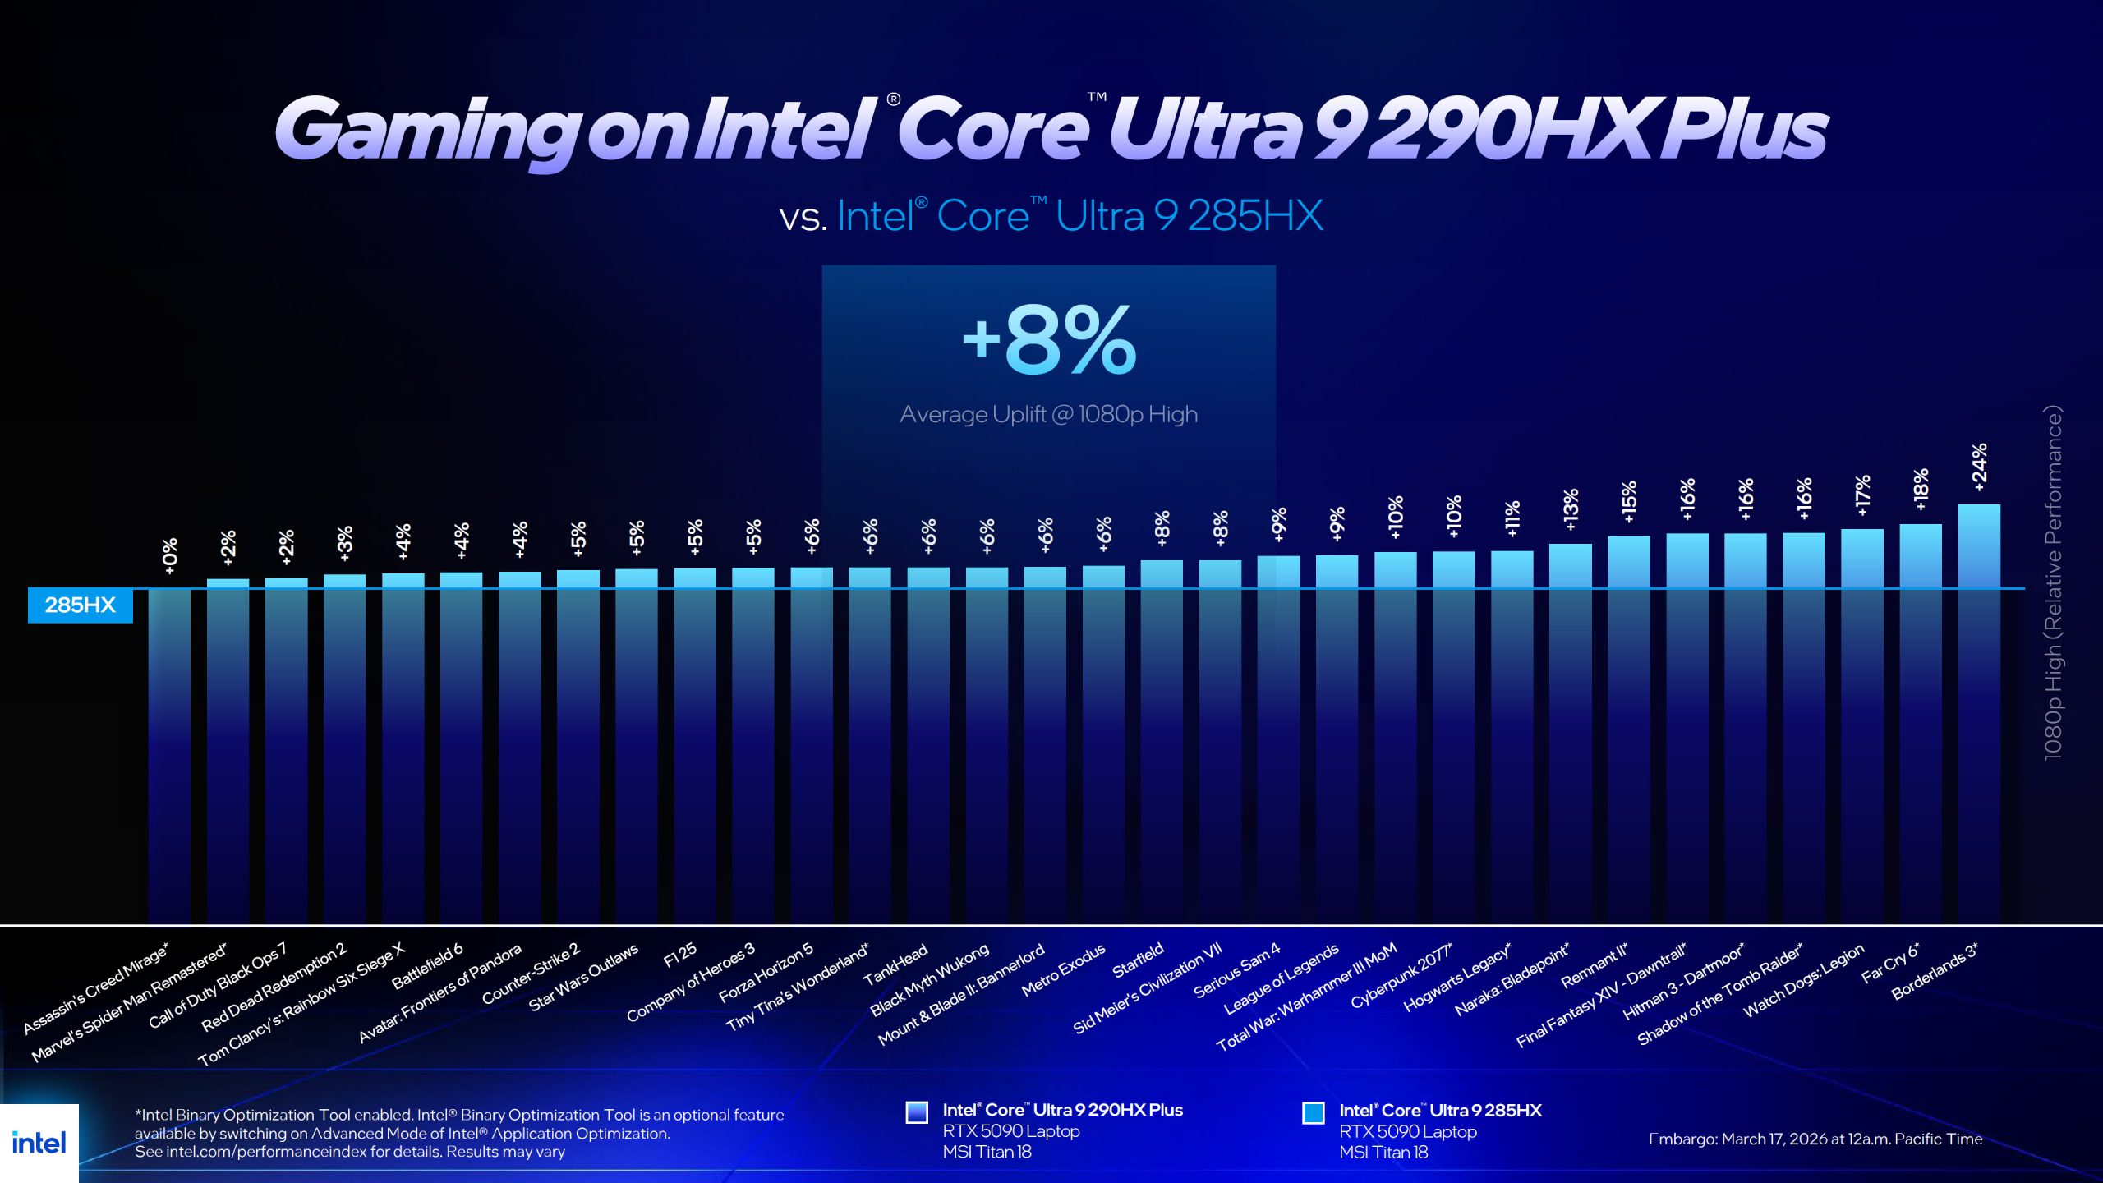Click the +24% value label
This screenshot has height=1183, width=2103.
coord(1979,467)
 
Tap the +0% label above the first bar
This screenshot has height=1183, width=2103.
coord(169,556)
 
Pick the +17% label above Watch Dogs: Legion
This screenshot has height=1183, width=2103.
coord(1862,495)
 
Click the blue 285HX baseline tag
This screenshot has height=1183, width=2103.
coord(80,605)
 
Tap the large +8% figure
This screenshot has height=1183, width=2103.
coord(1049,340)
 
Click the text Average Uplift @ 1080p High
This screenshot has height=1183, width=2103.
coord(1048,414)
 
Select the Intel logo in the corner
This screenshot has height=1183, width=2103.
coord(39,1143)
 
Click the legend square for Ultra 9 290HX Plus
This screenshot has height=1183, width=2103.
coord(916,1112)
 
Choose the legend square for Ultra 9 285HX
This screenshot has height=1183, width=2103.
coord(1313,1112)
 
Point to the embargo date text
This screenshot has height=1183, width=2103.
coord(1815,1139)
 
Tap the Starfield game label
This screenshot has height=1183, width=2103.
coord(1138,960)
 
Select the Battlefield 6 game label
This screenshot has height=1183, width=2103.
coord(427,965)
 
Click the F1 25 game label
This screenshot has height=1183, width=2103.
coord(679,955)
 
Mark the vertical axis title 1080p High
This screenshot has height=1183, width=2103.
coord(2053,583)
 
